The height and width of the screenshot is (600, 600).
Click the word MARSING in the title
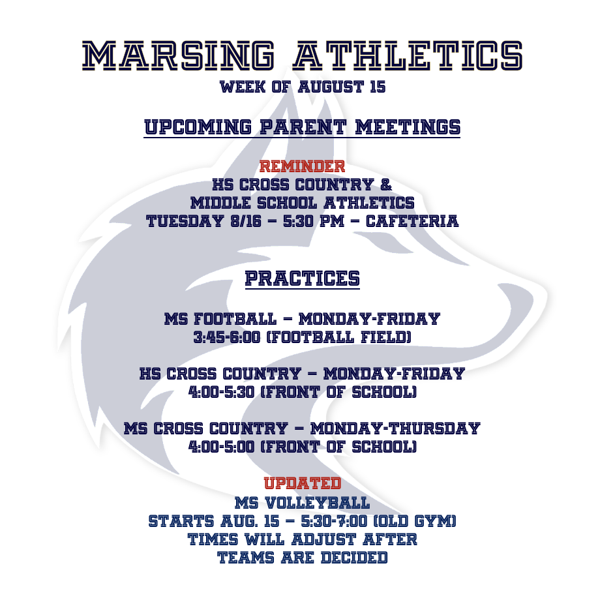(178, 56)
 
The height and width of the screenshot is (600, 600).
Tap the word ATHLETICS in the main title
(408, 56)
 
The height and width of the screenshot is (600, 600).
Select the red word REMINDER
(302, 166)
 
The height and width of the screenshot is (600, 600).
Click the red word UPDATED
(303, 483)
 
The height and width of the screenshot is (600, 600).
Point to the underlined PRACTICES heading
(303, 278)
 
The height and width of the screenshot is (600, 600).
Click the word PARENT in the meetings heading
(303, 127)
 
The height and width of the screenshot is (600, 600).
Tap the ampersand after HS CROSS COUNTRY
(386, 185)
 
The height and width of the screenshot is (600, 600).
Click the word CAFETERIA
(412, 221)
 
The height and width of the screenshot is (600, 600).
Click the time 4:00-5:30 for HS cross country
(221, 392)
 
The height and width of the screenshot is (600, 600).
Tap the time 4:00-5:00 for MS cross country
(221, 447)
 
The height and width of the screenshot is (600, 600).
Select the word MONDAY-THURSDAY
(395, 428)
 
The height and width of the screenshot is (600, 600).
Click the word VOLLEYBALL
(317, 503)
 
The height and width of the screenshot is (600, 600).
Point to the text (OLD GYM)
(414, 521)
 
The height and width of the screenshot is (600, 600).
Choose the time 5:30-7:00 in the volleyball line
(334, 521)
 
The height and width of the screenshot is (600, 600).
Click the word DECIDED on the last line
(354, 558)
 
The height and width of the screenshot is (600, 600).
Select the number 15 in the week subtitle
(378, 87)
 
